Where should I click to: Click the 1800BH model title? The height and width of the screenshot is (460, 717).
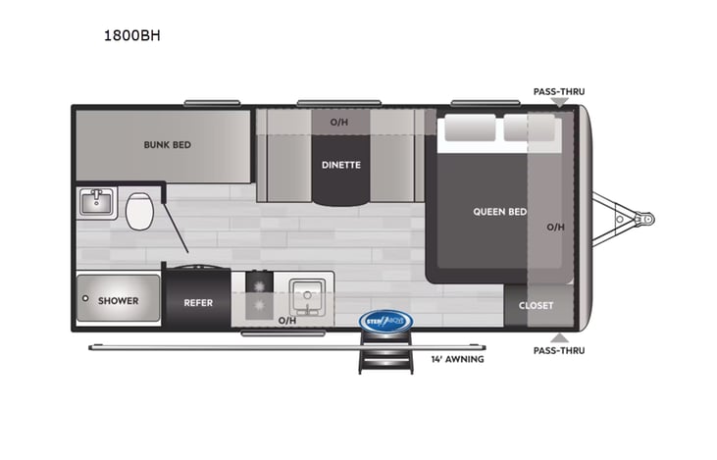[x=131, y=36]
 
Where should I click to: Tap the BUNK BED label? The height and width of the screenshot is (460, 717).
[x=167, y=144]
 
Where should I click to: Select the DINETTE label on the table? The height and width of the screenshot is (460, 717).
[x=340, y=165]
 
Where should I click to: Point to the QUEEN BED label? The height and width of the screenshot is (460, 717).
[x=499, y=211]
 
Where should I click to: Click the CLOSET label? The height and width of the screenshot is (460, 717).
[x=536, y=305]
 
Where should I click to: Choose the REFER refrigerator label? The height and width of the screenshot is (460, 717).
[x=198, y=302]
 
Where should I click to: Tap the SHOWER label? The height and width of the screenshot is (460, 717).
[x=118, y=300]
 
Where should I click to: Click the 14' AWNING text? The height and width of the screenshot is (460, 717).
[x=457, y=359]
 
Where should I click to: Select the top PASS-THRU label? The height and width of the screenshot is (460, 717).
[x=558, y=91]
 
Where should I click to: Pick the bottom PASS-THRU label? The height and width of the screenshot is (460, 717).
[x=558, y=349]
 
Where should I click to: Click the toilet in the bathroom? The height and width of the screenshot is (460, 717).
[x=139, y=210]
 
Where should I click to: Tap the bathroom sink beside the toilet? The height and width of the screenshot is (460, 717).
[x=97, y=204]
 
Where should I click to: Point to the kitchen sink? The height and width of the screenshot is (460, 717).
[x=305, y=294]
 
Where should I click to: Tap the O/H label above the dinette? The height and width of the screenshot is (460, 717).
[x=339, y=122]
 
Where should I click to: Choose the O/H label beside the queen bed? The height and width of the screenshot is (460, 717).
[x=555, y=227]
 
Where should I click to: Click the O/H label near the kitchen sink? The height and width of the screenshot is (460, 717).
[x=286, y=320]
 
